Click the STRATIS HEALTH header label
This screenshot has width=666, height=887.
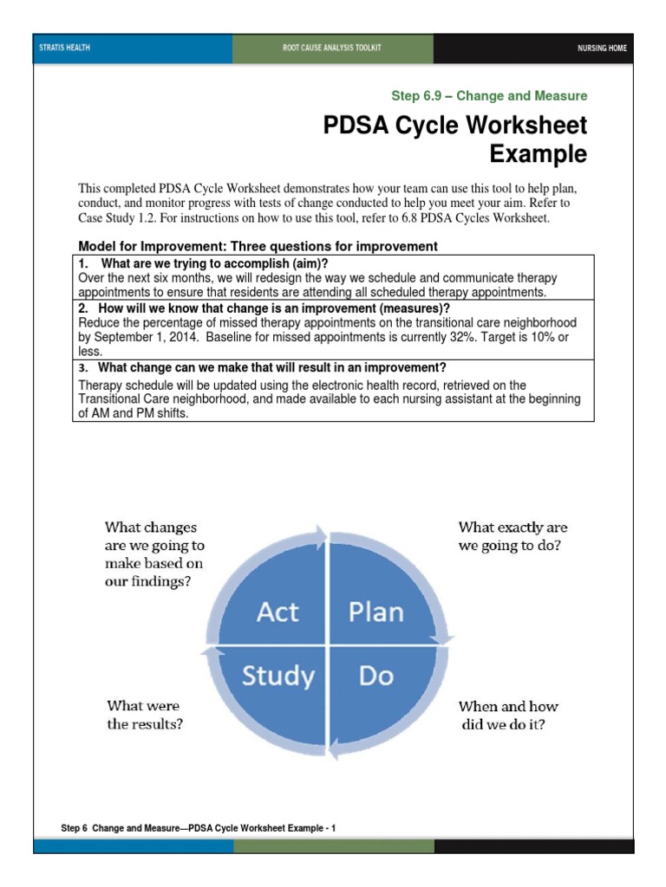(x=65, y=49)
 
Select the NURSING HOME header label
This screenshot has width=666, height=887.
(x=602, y=49)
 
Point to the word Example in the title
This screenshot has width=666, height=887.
(x=538, y=154)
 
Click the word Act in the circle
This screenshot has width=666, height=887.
(x=277, y=612)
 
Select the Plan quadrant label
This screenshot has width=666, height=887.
(x=375, y=612)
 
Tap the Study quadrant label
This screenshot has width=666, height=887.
(x=277, y=675)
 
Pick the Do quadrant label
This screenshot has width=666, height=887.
(x=375, y=675)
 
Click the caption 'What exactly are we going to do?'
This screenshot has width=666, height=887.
(x=513, y=537)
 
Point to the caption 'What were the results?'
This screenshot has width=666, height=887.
(x=145, y=715)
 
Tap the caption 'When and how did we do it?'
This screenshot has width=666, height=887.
(x=508, y=715)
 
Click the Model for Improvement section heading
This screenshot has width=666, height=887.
(x=258, y=247)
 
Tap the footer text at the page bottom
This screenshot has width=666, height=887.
(x=199, y=828)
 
